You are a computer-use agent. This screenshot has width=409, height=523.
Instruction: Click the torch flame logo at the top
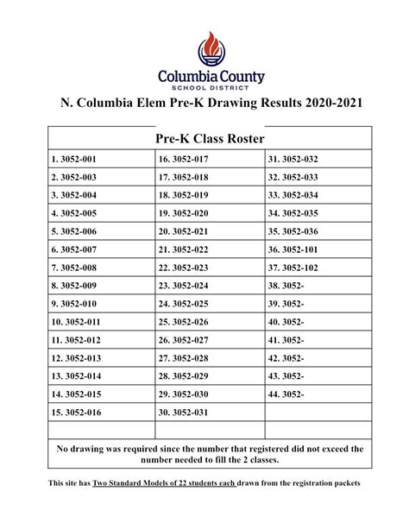click(210, 48)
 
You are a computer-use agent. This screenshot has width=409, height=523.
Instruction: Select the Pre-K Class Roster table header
click(210, 138)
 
